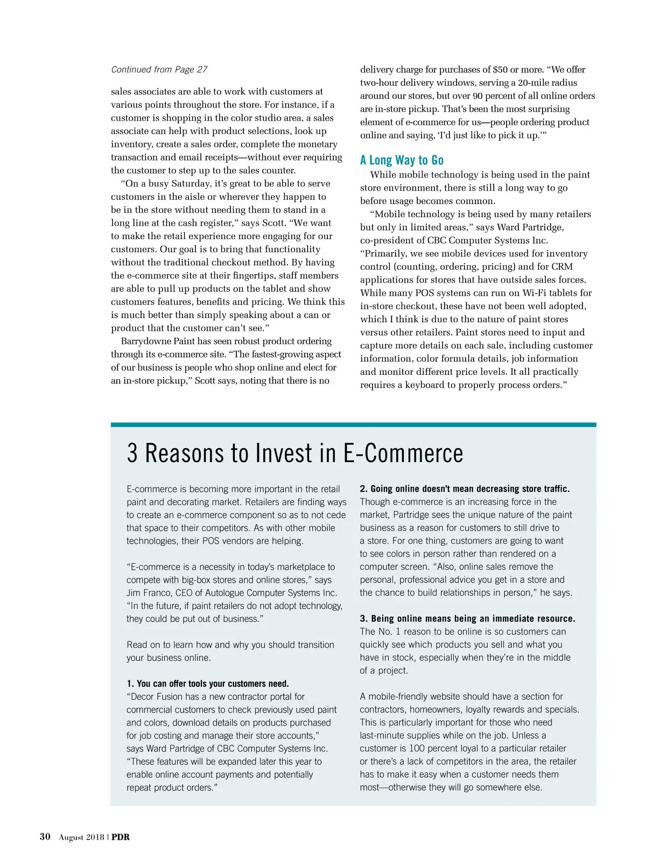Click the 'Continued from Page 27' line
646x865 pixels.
tap(159, 69)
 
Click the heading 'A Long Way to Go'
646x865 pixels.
tap(402, 160)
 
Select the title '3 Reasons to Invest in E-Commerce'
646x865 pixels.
tap(294, 453)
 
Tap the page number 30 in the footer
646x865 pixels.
tap(45, 836)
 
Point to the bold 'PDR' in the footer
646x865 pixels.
tap(121, 837)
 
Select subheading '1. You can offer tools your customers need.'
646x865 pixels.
tap(208, 683)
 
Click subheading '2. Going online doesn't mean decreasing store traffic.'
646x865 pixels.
tap(465, 489)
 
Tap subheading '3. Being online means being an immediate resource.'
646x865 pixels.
tap(467, 618)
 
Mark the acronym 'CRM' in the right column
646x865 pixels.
tap(562, 267)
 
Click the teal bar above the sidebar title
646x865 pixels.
tap(353, 424)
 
